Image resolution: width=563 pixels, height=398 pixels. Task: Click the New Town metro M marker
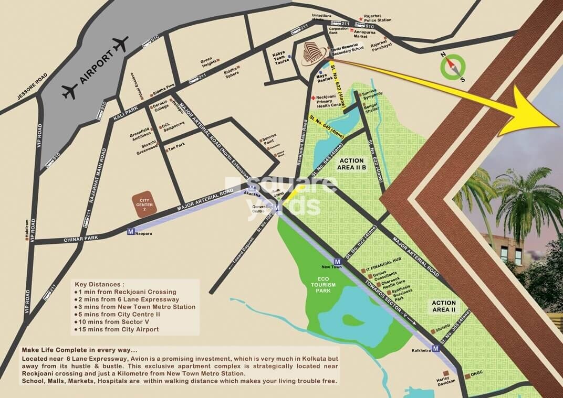pos(337,261)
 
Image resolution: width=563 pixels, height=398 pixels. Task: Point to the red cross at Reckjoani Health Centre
pos(313,98)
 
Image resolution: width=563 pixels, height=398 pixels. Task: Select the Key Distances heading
pos(100,283)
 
